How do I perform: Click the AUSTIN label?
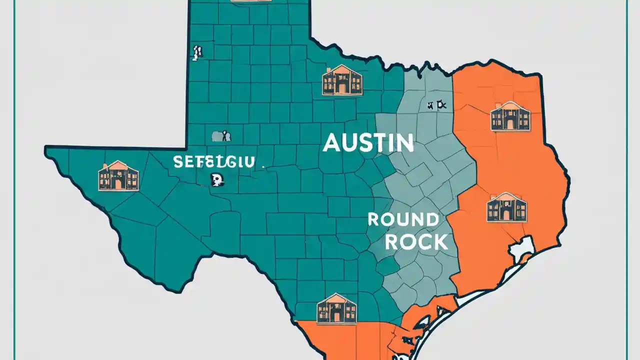[368, 143]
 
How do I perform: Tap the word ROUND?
[403, 219]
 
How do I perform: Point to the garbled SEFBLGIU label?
[214, 161]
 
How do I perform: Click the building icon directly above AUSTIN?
[342, 80]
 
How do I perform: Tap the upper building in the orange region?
[510, 116]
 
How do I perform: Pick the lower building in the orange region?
[506, 207]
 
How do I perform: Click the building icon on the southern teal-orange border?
[336, 308]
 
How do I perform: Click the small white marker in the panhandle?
[196, 53]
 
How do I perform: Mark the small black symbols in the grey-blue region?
[436, 105]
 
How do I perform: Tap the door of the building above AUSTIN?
[342, 88]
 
